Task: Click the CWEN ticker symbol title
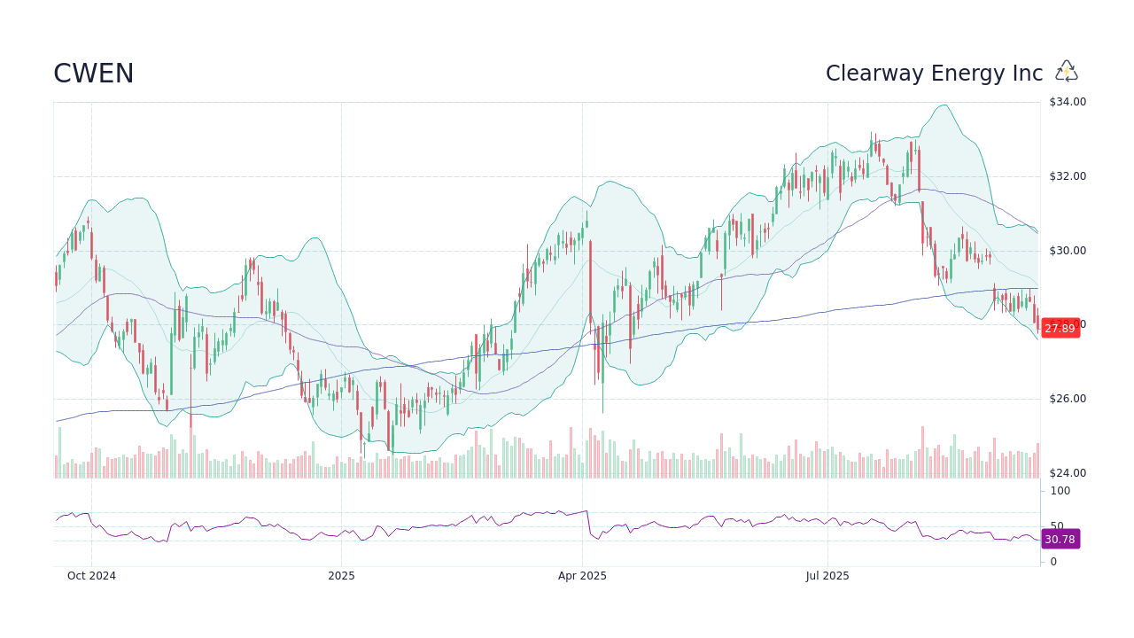(94, 74)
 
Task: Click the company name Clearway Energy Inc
(934, 74)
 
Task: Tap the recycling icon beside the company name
(1067, 72)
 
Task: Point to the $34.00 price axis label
(1067, 102)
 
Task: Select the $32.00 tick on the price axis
(1067, 176)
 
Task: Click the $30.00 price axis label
(1067, 251)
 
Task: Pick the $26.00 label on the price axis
(1067, 399)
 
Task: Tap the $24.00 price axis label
(1067, 473)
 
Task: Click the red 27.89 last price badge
(1060, 329)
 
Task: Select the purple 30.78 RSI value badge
(1060, 540)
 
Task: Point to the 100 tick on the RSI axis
(1060, 491)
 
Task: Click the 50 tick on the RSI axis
(1057, 525)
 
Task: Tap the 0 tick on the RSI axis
(1053, 562)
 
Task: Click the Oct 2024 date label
(92, 576)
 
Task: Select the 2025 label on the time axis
(341, 576)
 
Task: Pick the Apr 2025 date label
(582, 576)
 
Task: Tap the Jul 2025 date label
(827, 576)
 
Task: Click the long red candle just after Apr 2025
(590, 292)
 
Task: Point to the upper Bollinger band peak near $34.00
(945, 105)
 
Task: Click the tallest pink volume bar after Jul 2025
(922, 452)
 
